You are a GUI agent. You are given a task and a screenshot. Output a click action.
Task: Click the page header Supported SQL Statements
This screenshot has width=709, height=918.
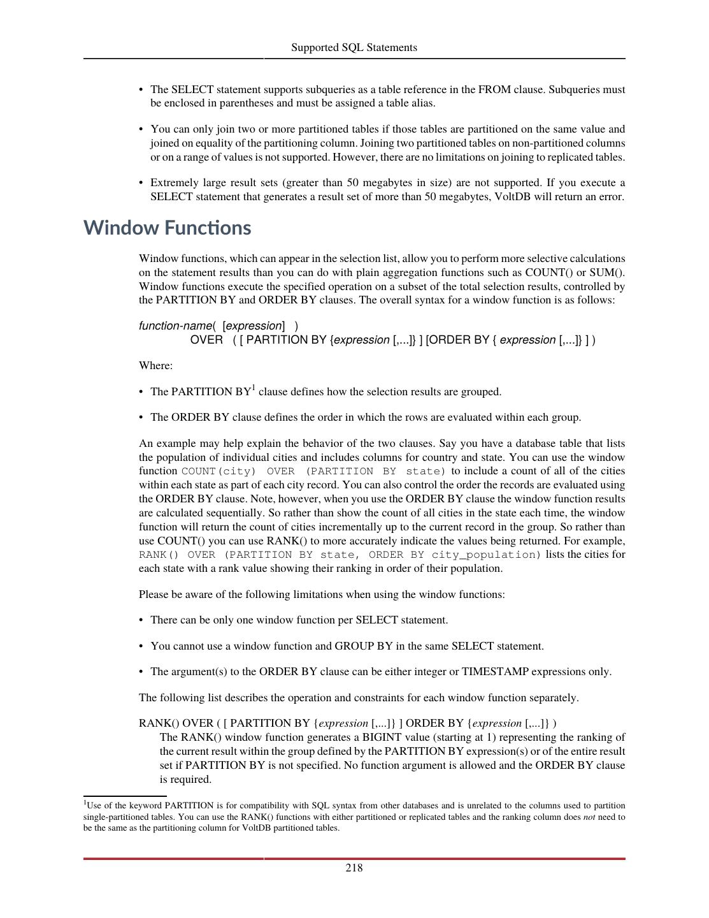pyautogui.click(x=354, y=47)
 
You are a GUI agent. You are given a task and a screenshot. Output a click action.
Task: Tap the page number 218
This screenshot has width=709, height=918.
pyautogui.click(x=354, y=868)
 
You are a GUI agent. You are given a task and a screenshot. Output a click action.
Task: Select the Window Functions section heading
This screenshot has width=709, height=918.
pyautogui.click(x=167, y=228)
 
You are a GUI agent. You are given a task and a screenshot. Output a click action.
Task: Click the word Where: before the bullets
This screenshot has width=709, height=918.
pyautogui.click(x=155, y=365)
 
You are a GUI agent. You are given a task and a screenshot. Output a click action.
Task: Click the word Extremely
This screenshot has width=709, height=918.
pyautogui.click(x=173, y=183)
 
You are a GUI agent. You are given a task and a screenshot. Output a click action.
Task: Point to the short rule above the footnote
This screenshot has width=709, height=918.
pyautogui.click(x=125, y=796)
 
